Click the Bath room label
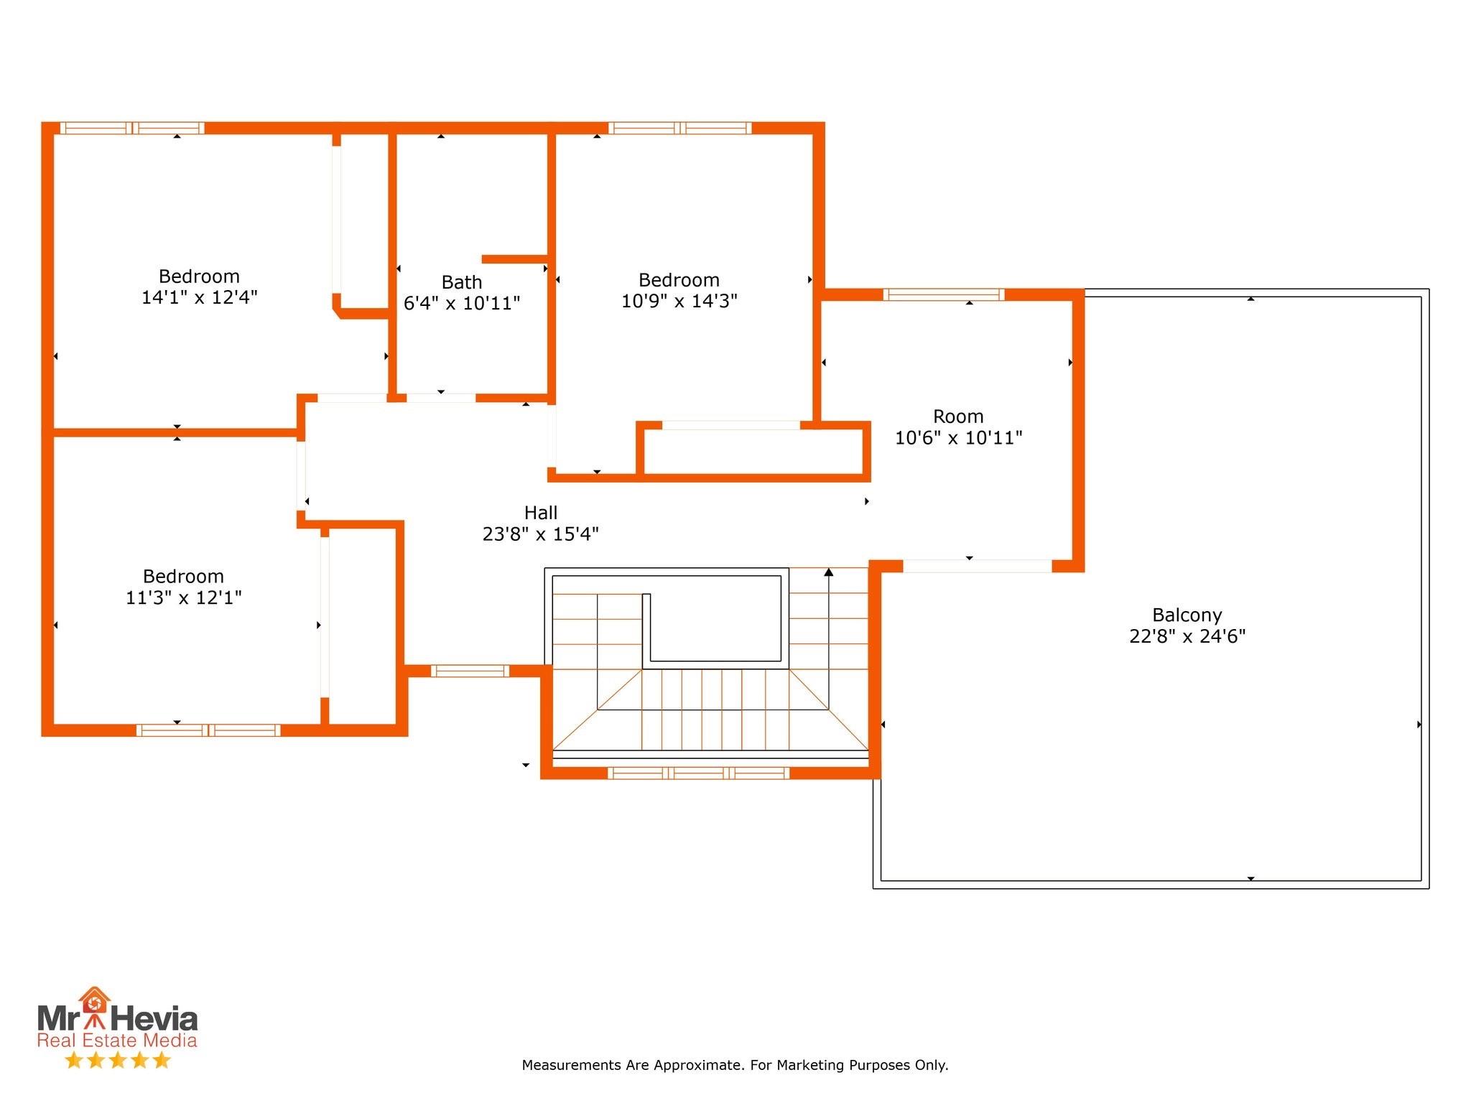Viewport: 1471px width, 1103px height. [461, 282]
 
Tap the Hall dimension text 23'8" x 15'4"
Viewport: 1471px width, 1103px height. [540, 534]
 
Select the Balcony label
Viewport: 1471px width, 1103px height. [1187, 615]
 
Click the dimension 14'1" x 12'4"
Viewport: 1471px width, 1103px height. [199, 297]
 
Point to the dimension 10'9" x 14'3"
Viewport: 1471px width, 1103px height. [679, 301]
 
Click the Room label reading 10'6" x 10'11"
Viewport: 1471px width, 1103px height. [958, 427]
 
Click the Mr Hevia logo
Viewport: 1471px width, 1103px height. [117, 1020]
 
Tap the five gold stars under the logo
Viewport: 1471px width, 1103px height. [117, 1060]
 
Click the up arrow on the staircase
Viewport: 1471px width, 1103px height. [828, 572]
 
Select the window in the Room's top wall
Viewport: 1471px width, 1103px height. [942, 294]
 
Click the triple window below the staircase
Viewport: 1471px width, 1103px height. [698, 773]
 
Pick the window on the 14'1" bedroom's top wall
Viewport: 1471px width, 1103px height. [132, 129]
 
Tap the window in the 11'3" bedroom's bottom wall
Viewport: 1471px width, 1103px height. [208, 730]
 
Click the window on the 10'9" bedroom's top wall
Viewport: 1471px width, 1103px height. [679, 129]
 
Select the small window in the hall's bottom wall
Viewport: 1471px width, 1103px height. [470, 671]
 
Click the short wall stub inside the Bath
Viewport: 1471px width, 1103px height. [514, 259]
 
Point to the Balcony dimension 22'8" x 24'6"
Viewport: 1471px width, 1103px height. [1187, 636]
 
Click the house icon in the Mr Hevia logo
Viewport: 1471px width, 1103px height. [94, 1000]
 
